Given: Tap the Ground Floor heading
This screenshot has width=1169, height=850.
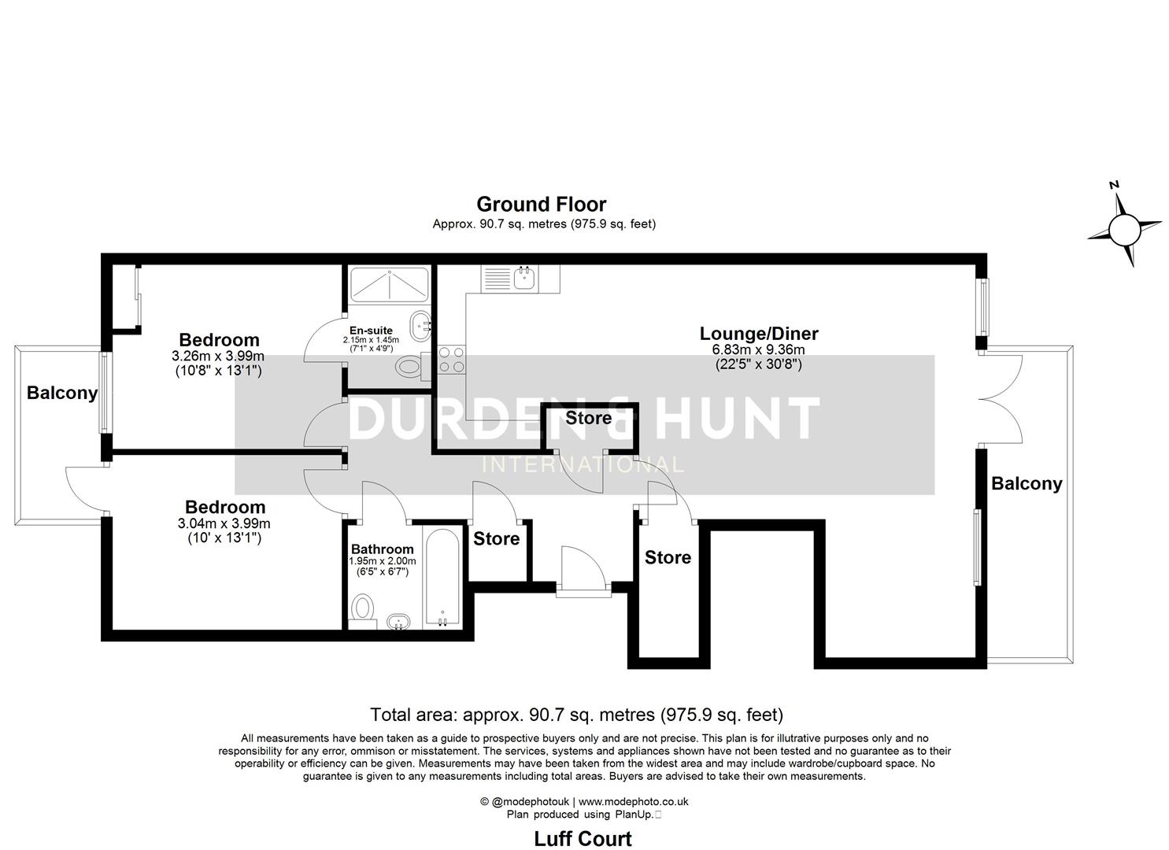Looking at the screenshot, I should click(541, 205).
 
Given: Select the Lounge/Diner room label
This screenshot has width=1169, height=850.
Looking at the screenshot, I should click(759, 333).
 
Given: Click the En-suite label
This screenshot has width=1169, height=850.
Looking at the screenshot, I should click(371, 331).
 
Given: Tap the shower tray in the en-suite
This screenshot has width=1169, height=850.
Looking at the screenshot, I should click(389, 284).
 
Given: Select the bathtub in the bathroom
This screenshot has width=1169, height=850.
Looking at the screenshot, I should click(442, 578).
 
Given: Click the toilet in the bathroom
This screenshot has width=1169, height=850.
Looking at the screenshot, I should click(362, 608).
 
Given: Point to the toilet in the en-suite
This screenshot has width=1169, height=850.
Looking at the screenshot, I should click(410, 366).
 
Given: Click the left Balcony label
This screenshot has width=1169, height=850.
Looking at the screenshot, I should click(62, 393).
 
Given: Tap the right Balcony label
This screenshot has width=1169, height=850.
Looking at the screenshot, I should click(1026, 483).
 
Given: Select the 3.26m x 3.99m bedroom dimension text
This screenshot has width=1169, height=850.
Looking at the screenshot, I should click(218, 356).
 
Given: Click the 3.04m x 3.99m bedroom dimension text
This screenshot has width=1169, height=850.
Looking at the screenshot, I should click(224, 523).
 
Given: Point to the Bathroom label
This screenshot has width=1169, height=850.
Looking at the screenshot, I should click(382, 549).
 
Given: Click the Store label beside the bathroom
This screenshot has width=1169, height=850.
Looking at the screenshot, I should click(496, 538).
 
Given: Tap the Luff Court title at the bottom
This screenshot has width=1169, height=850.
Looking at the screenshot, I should click(583, 838).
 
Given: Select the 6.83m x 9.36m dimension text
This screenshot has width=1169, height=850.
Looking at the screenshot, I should click(758, 350).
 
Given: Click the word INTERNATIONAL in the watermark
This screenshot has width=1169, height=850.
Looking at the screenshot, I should click(583, 464).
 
